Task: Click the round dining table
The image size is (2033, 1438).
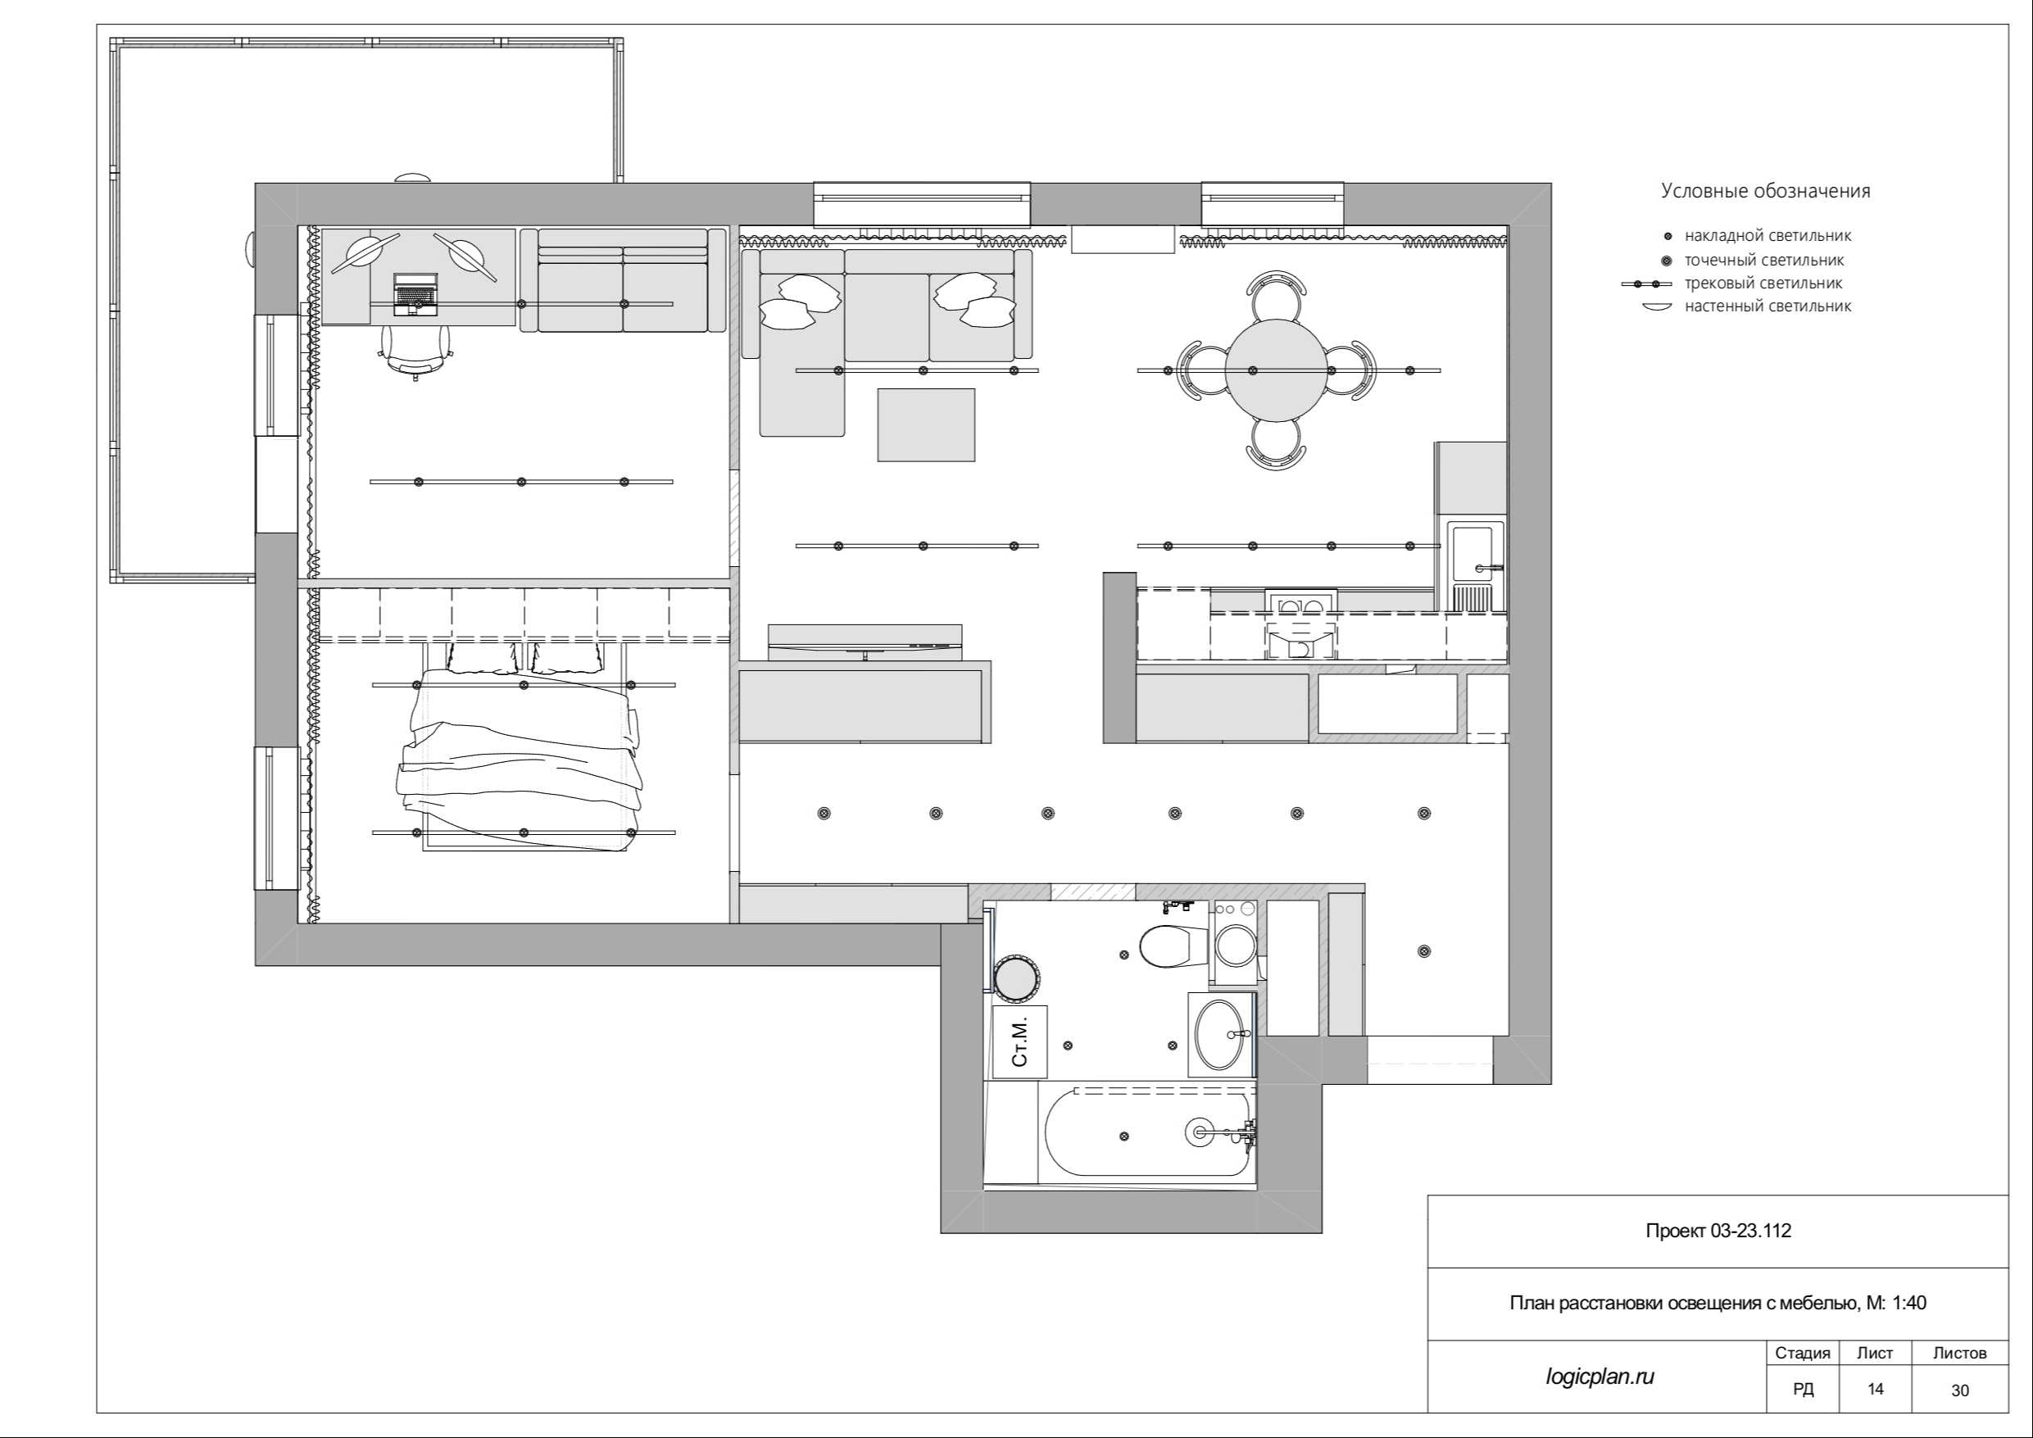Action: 1277,370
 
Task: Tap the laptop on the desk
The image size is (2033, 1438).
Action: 415,293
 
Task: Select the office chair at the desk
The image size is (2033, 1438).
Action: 415,352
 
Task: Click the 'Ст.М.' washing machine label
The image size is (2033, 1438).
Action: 1020,1041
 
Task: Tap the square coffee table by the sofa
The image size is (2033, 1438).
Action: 926,425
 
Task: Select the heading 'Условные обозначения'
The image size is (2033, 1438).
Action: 1766,191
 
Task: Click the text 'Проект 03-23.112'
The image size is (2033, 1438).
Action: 1718,1231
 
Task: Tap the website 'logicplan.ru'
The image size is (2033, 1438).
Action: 1600,1377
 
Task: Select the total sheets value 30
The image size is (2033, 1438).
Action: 1959,1391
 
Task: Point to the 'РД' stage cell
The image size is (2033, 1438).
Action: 1803,1390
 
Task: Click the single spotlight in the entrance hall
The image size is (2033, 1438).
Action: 1424,951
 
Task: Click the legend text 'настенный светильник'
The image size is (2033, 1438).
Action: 1768,306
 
